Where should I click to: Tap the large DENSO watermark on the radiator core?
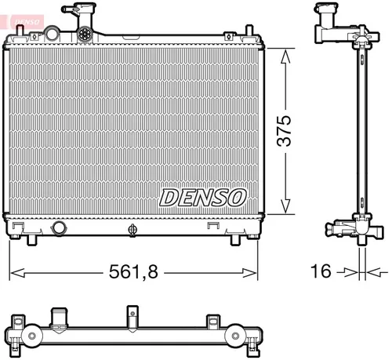click(x=203, y=197)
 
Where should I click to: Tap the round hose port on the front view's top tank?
click(x=53, y=35)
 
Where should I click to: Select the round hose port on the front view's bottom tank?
click(x=59, y=228)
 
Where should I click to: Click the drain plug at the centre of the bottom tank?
click(x=132, y=229)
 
